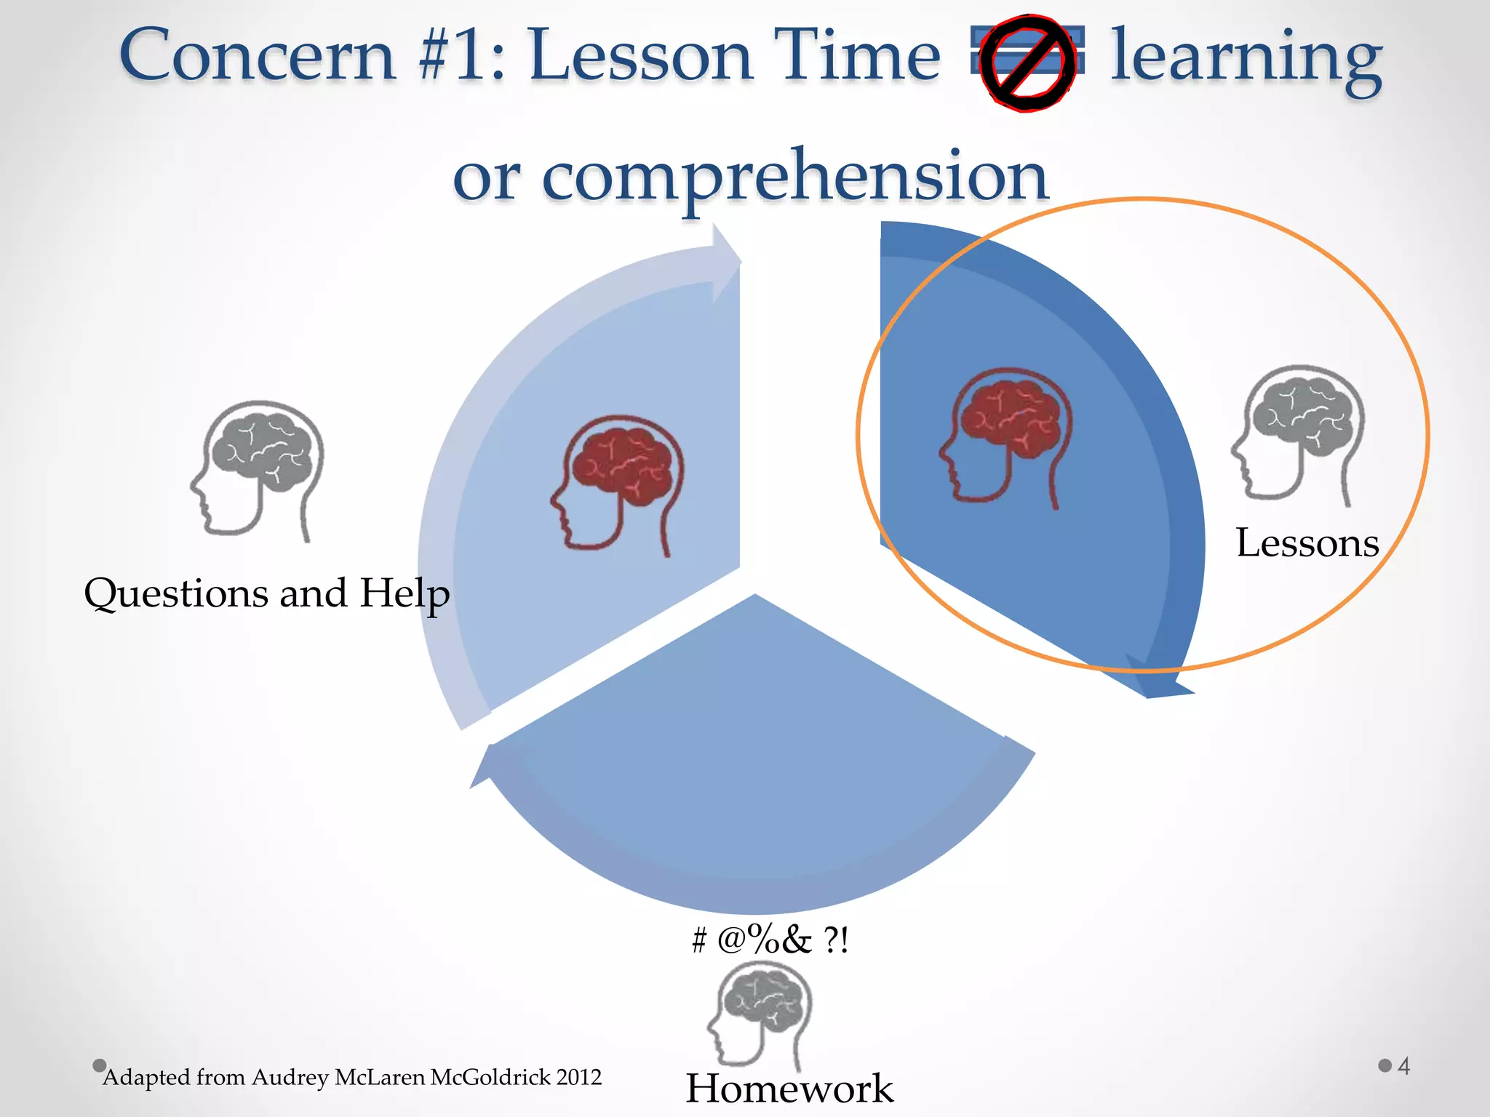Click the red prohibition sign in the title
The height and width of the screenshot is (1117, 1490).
click(x=1026, y=64)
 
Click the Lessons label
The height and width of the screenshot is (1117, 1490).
click(x=1307, y=543)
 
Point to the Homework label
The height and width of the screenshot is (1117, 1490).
click(x=789, y=1089)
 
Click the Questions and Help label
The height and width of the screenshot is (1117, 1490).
click(x=266, y=593)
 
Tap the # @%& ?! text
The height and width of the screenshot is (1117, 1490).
click(x=770, y=940)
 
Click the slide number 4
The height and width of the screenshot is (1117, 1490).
click(x=1403, y=1066)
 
